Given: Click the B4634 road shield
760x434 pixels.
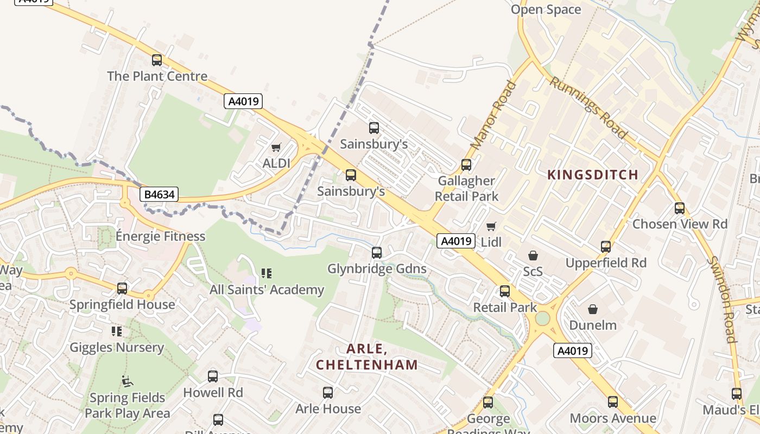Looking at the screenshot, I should [159, 194].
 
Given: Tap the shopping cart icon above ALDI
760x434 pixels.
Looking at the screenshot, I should [276, 147].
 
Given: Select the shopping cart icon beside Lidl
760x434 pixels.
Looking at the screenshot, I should [491, 226].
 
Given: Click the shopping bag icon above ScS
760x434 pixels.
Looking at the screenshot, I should [533, 255].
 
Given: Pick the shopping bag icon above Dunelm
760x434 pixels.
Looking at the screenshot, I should [593, 309].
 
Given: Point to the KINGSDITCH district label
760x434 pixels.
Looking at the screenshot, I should [593, 175].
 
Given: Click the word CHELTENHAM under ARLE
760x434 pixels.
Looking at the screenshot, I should [367, 365].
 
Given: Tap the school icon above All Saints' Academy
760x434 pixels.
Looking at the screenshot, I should [266, 273].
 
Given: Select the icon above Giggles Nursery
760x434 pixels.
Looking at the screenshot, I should [117, 331].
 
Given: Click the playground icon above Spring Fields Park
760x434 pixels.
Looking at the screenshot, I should [127, 381].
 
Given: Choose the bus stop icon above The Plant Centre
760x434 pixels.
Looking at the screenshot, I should [157, 60].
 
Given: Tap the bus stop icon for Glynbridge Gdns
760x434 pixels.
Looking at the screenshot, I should [377, 253].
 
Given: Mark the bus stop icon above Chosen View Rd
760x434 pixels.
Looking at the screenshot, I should [680, 208].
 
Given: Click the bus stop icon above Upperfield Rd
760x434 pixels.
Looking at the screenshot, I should [606, 247].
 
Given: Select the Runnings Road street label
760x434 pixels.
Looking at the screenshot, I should [589, 107].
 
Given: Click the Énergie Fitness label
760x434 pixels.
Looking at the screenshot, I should [161, 236].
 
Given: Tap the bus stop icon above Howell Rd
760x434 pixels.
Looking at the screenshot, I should [213, 376].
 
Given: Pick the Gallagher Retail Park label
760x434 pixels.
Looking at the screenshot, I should [466, 188].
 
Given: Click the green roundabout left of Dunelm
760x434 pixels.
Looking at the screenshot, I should [542, 318].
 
